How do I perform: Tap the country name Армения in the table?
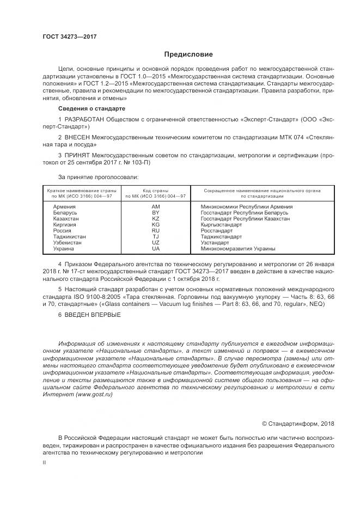(64, 207)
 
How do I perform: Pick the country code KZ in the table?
(156, 219)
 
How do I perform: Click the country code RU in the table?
(156, 231)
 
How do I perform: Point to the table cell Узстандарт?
(215, 243)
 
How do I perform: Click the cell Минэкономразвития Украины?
(238, 249)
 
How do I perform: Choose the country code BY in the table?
(156, 213)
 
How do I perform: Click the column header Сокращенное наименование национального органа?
(262, 191)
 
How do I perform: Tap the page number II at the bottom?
(45, 462)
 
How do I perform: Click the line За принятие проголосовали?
(98, 177)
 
